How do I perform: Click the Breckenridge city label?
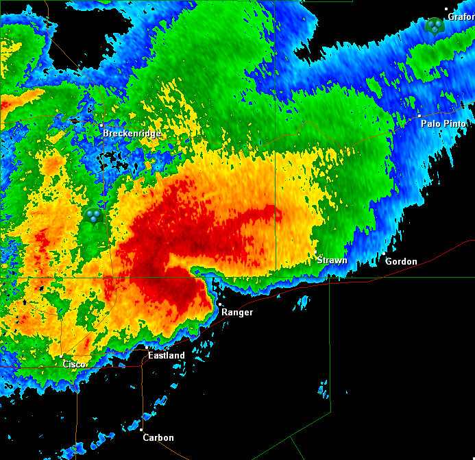[132, 134]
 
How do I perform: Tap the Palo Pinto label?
[443, 124]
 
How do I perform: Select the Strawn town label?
[332, 261]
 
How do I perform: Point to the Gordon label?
[401, 262]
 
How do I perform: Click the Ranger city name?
[236, 313]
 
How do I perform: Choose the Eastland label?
[167, 356]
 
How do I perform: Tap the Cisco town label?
[74, 364]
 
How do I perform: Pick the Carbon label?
[158, 438]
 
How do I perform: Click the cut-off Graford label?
[461, 17]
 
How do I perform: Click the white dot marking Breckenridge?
[101, 125]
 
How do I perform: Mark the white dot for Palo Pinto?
[419, 116]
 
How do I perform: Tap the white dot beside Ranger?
[219, 304]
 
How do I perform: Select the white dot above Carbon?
[142, 430]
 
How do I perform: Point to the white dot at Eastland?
[146, 348]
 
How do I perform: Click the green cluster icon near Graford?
[435, 26]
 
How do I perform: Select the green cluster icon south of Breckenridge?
[93, 216]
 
